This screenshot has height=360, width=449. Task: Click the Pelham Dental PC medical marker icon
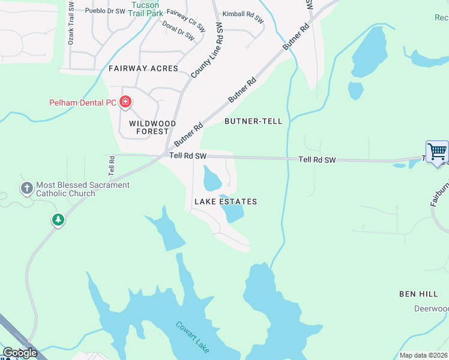coord(125,102)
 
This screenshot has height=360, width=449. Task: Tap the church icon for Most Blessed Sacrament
coord(26,189)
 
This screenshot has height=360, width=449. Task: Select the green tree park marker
coord(58,220)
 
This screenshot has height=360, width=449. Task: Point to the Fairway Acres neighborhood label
coord(143,68)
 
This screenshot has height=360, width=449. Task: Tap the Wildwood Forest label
coord(152,127)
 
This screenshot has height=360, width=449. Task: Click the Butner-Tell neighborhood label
coord(253,121)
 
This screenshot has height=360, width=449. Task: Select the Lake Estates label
coord(226,202)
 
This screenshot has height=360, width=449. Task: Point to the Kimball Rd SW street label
coord(243,16)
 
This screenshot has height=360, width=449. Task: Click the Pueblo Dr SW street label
coord(105,11)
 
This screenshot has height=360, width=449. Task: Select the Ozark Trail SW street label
coord(71,24)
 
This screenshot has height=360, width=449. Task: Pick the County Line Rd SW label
coord(205,51)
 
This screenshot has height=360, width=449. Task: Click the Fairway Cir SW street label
coord(185,20)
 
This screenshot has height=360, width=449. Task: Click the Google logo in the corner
coord(20,353)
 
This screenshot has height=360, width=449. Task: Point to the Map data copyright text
coord(423,355)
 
